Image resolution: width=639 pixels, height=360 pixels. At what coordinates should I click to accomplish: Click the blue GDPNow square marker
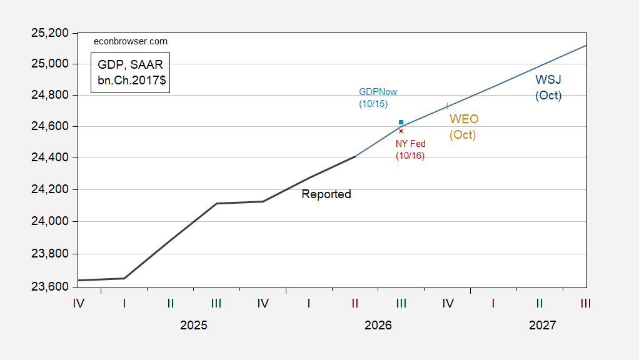[401, 122]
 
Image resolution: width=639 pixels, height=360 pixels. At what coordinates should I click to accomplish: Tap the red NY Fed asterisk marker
[401, 131]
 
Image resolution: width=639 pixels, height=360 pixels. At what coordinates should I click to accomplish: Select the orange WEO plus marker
[447, 106]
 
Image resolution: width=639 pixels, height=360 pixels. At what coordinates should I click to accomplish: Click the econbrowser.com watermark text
[131, 41]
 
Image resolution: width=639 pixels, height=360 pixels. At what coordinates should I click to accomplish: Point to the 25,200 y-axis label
[50, 33]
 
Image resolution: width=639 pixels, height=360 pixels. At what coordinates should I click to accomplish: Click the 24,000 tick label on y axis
[50, 221]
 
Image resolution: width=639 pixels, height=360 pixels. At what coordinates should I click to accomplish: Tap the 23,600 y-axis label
[50, 287]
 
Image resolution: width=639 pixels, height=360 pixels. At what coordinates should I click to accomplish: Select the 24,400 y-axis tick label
[50, 157]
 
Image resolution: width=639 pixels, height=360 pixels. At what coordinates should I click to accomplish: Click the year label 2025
[194, 325]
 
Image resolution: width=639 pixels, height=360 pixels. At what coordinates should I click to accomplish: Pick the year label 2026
[378, 325]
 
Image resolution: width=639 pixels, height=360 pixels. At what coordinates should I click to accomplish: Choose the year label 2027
[543, 325]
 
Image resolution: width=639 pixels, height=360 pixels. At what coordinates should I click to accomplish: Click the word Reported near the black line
[326, 194]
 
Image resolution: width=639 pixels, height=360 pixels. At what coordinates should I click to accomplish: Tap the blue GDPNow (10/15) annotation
[378, 97]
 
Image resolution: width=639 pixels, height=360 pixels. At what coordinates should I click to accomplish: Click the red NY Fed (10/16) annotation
[410, 149]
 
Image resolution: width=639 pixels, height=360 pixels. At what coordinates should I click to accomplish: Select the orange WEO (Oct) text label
[464, 127]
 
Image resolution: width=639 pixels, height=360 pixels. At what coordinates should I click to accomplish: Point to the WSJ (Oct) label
[548, 87]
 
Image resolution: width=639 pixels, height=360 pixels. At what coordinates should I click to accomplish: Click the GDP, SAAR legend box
[131, 73]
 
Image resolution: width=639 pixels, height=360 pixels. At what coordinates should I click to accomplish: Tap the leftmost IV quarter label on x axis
[79, 303]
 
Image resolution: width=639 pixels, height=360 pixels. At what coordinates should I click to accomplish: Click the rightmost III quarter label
[586, 303]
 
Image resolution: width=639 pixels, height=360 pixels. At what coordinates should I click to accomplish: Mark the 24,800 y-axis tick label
[50, 95]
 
